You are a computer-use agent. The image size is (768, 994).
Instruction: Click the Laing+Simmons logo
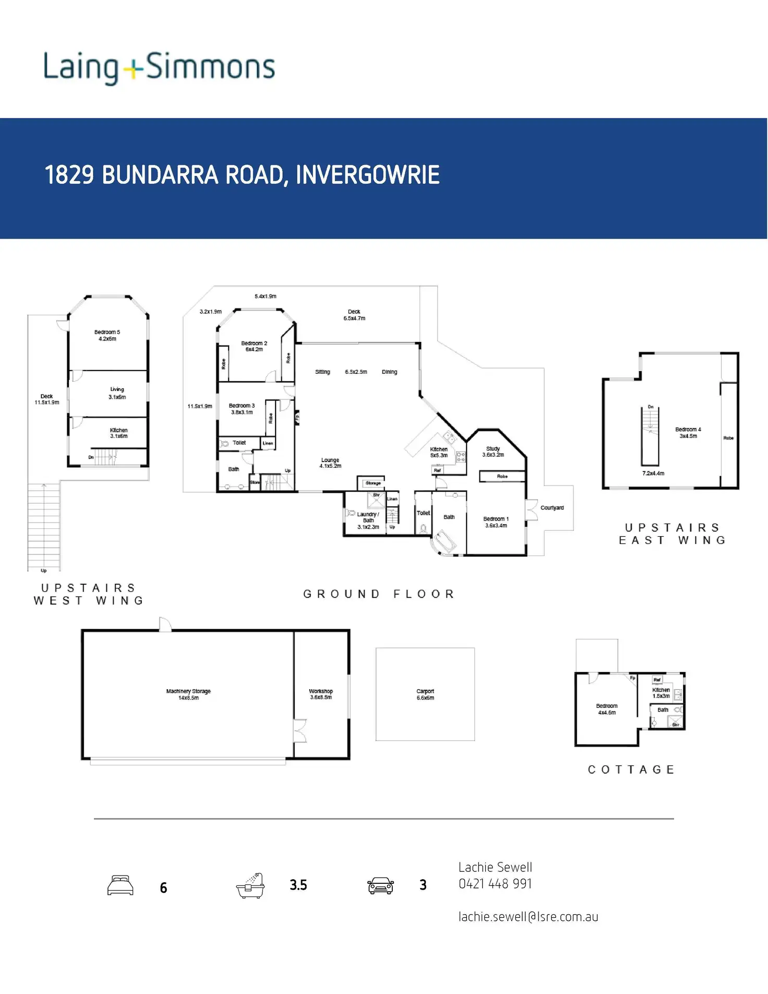159,68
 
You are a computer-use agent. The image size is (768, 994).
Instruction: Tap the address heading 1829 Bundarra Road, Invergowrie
242,175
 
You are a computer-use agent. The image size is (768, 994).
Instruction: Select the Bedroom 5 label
107,335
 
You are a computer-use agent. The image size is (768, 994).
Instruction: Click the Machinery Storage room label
188,694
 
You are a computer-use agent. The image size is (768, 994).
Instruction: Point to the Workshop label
321,694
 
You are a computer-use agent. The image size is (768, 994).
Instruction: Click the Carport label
425,694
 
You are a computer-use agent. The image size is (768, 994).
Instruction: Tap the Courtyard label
552,507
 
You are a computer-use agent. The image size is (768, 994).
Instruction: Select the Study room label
493,452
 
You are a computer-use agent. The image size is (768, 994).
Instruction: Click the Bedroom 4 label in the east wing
688,432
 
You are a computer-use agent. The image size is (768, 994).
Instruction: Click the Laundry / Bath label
368,520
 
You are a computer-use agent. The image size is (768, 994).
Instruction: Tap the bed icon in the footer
121,885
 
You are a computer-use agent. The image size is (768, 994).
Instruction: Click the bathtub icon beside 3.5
250,885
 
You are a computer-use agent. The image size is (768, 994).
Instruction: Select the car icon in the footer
381,885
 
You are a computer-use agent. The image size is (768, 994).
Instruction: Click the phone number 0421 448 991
495,884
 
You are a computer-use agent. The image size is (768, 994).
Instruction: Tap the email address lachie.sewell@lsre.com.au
528,917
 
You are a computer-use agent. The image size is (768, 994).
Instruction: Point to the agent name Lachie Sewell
495,867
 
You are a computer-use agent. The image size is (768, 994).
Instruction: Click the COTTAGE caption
631,770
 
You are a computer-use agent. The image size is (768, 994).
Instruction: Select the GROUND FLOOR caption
379,594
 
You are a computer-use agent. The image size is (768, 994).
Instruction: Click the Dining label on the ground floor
389,372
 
